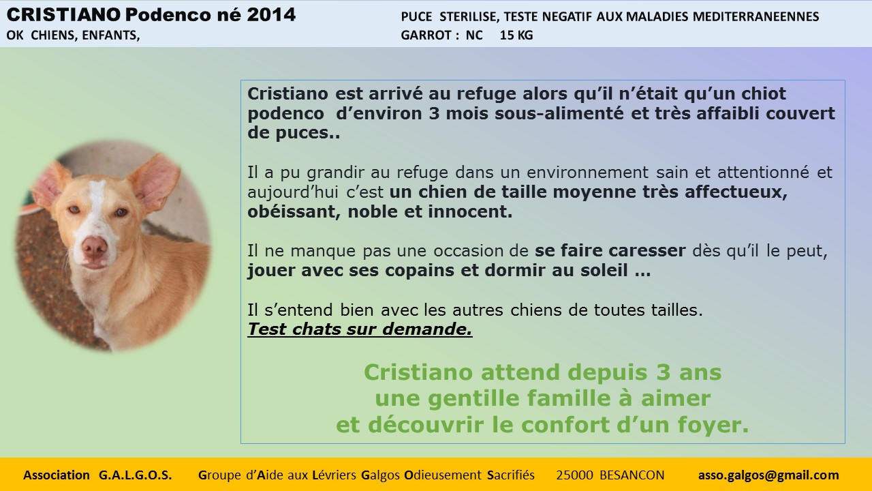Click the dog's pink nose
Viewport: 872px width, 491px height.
pyautogui.click(x=95, y=247)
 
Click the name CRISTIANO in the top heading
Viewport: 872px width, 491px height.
pyautogui.click(x=63, y=15)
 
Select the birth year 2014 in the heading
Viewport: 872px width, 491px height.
pyautogui.click(x=271, y=15)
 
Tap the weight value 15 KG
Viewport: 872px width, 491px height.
pyautogui.click(x=516, y=35)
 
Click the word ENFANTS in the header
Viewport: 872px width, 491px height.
pyautogui.click(x=111, y=35)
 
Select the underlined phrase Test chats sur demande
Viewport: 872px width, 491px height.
pyautogui.click(x=360, y=329)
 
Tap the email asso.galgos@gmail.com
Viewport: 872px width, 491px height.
pyautogui.click(x=768, y=475)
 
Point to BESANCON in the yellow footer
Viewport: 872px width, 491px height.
pyautogui.click(x=632, y=475)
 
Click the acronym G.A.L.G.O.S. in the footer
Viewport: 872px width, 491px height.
pyautogui.click(x=135, y=475)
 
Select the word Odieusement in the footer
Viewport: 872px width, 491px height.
pyautogui.click(x=443, y=475)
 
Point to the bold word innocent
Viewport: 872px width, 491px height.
pyautogui.click(x=470, y=211)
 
